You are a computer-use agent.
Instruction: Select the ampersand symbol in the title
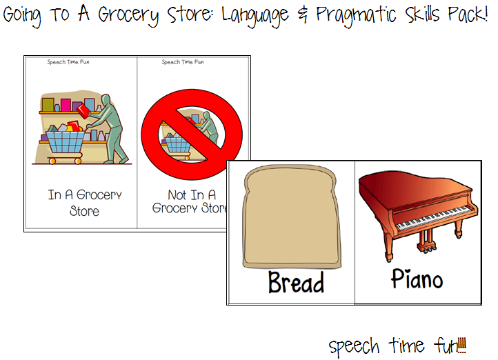[302, 15]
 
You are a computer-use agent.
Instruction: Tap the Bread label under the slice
[296, 282]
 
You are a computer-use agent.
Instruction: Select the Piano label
[417, 279]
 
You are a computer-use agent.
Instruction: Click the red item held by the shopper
[84, 110]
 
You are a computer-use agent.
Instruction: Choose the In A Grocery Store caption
[85, 203]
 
